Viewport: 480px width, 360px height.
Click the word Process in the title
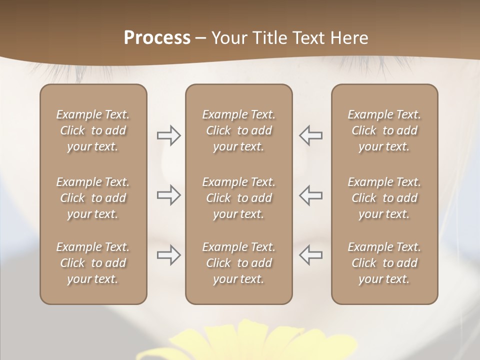(x=157, y=38)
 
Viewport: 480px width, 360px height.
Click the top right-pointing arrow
(x=168, y=135)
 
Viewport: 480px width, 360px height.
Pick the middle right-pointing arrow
(x=168, y=195)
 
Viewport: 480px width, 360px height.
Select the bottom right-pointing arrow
(x=168, y=255)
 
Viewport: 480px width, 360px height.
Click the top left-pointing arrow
(x=310, y=135)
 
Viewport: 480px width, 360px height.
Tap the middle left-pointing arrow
(x=310, y=195)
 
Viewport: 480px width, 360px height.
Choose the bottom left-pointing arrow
(x=310, y=255)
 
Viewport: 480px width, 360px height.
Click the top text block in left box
(x=93, y=130)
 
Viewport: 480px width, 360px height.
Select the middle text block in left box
(x=93, y=198)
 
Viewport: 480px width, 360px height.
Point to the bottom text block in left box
(x=93, y=263)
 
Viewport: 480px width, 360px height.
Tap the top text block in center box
(x=238, y=130)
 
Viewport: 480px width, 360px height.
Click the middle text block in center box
(x=238, y=198)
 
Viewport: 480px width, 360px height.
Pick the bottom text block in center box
(x=238, y=263)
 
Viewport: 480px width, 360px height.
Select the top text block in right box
(x=384, y=130)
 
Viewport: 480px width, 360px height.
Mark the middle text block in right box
(x=384, y=198)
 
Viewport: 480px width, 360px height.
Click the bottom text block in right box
(x=384, y=263)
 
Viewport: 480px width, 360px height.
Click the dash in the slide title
(x=200, y=38)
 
